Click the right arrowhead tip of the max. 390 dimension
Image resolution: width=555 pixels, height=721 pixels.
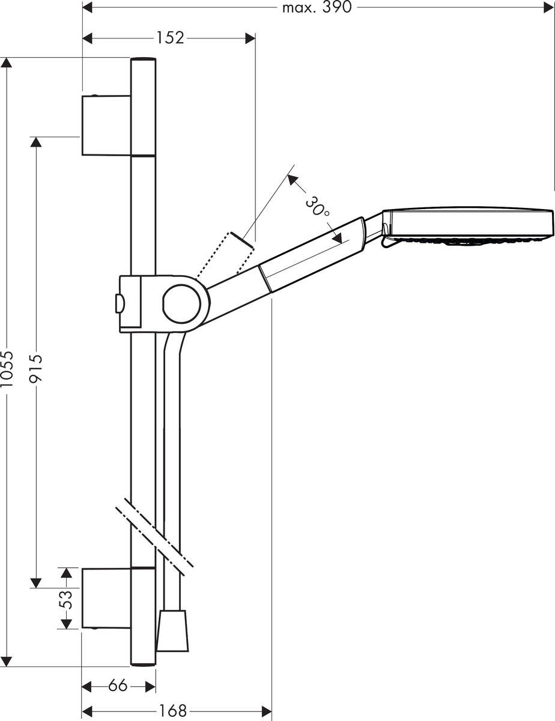[554, 7]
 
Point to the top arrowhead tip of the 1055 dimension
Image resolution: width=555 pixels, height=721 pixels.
[6, 58]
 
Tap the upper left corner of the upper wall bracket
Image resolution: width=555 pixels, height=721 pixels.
[82, 97]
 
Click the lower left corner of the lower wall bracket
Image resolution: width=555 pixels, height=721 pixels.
[82, 628]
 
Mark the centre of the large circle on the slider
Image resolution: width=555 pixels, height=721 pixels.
[181, 304]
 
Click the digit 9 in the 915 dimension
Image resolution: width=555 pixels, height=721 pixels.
[37, 378]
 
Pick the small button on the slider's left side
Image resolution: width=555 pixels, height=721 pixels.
[120, 303]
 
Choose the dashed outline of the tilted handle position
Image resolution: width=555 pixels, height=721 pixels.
[225, 255]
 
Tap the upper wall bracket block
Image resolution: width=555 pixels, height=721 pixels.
[106, 126]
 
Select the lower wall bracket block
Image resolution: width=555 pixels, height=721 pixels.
[106, 598]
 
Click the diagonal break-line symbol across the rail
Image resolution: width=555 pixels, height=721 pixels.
[154, 541]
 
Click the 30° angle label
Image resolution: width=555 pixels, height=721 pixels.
[318, 207]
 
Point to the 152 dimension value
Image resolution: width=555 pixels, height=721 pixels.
[170, 38]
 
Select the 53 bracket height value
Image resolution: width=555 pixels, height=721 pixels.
[67, 599]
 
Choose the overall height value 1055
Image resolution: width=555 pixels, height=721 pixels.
[7, 369]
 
